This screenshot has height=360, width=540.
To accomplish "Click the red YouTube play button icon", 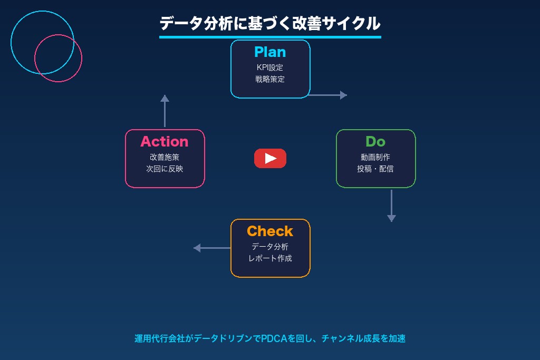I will click(270, 158).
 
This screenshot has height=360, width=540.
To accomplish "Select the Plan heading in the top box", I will click(270, 52).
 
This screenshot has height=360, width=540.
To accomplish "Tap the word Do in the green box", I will click(375, 141).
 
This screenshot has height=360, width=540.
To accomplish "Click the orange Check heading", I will click(270, 231).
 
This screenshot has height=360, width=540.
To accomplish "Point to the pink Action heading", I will click(165, 141).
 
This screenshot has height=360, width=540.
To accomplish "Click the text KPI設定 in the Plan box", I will click(270, 67).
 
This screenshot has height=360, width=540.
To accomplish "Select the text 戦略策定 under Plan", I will click(270, 79).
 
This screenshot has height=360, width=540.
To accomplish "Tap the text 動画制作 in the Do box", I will click(375, 157).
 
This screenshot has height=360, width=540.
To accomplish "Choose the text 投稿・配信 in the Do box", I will click(375, 169).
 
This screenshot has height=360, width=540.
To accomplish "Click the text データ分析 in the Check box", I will click(270, 247).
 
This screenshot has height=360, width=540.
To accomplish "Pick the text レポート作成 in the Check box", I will click(270, 258).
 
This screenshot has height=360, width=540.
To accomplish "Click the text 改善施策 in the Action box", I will click(165, 157).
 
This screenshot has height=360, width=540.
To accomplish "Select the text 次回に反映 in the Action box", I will click(165, 169).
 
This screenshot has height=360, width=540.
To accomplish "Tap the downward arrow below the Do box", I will click(391, 206).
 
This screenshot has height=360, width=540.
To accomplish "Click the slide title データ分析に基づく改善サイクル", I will click(270, 24).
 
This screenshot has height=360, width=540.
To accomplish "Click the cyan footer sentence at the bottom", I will click(270, 338).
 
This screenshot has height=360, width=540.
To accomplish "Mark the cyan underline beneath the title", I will click(270, 37).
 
